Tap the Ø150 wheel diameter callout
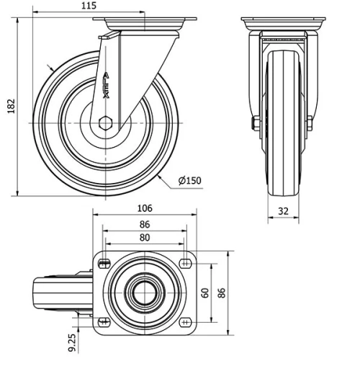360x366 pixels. tap(189, 180)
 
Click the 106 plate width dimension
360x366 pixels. tap(145, 208)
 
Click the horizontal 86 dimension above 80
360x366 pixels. tap(145, 223)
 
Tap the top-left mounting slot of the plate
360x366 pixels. tap(104, 262)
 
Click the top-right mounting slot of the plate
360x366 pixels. tap(185, 262)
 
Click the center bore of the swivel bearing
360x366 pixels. tap(144, 292)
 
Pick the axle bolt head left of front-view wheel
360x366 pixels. tap(255, 124)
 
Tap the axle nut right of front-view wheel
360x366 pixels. tap(310, 124)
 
